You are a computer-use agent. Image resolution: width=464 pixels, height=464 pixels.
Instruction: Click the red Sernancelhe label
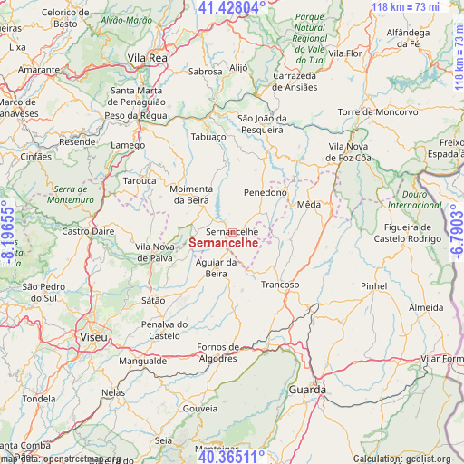226,243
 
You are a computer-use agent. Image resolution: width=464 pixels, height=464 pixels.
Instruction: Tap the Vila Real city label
149,57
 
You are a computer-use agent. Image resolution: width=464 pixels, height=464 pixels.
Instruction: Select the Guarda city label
307,389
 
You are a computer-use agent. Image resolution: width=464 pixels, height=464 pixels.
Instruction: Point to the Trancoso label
280,285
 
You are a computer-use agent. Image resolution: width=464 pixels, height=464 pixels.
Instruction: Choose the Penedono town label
266,192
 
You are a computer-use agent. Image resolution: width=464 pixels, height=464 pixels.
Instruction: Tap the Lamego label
128,145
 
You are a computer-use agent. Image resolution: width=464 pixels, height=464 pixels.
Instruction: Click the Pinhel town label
373,285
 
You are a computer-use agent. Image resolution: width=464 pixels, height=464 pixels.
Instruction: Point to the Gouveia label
200,409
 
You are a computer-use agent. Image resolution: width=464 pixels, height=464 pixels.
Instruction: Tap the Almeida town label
427,308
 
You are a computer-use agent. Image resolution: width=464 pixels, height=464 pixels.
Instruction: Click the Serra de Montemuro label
70,193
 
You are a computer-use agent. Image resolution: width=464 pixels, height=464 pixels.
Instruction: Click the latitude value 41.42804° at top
232,8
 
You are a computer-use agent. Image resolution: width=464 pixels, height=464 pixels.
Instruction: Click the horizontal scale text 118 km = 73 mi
405,7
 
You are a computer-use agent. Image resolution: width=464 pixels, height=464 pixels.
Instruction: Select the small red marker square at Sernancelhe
232,232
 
